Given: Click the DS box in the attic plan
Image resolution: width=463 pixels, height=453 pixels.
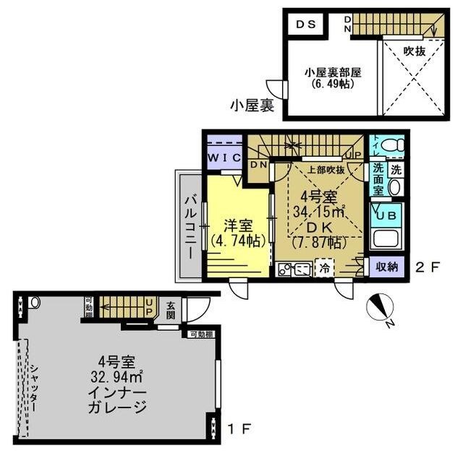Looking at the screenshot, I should (x=304, y=24).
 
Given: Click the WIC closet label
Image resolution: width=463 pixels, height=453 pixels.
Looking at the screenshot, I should (x=224, y=157).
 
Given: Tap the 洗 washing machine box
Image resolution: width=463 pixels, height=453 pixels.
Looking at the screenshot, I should (x=396, y=170).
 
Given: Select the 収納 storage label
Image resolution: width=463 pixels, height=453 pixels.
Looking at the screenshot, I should (x=387, y=266).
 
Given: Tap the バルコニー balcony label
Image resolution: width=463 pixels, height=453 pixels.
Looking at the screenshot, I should (x=187, y=227).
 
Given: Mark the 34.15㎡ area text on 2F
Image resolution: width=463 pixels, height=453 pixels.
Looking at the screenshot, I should (x=319, y=211).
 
